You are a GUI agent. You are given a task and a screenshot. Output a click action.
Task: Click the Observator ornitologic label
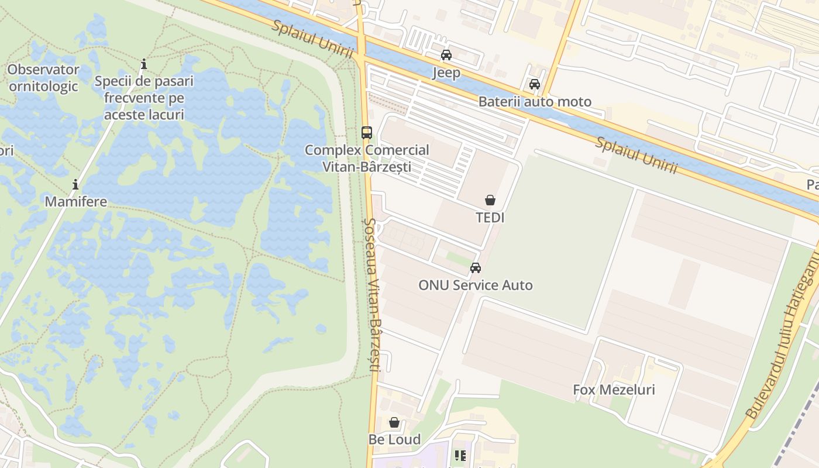(x=43, y=78)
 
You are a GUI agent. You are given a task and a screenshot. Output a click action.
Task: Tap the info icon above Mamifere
(x=75, y=185)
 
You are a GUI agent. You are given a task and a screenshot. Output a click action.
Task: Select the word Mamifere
(x=76, y=202)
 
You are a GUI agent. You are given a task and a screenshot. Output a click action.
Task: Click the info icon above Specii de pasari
(x=144, y=64)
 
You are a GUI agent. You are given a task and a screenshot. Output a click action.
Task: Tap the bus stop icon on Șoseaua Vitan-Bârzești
(x=367, y=133)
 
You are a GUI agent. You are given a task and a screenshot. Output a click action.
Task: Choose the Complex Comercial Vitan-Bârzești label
(x=367, y=159)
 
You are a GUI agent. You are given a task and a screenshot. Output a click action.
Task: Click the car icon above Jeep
(x=446, y=55)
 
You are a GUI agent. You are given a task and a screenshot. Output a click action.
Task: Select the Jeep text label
(x=446, y=73)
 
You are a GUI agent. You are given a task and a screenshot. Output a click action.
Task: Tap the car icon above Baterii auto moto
(x=535, y=84)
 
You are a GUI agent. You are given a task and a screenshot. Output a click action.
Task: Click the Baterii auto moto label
(x=535, y=102)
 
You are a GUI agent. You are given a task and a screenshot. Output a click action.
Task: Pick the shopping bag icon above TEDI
(x=490, y=200)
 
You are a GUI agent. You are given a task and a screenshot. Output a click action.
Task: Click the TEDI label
(x=490, y=218)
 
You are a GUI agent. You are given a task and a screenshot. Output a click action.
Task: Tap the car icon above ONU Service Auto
(x=476, y=268)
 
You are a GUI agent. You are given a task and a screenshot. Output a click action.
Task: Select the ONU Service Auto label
(x=476, y=285)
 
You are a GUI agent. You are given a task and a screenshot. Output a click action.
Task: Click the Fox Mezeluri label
(x=614, y=390)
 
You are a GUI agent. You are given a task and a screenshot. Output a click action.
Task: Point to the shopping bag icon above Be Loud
(x=394, y=422)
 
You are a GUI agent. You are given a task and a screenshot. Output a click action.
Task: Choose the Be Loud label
(x=394, y=439)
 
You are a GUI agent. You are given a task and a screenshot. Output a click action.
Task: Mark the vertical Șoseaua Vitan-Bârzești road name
(x=372, y=295)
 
